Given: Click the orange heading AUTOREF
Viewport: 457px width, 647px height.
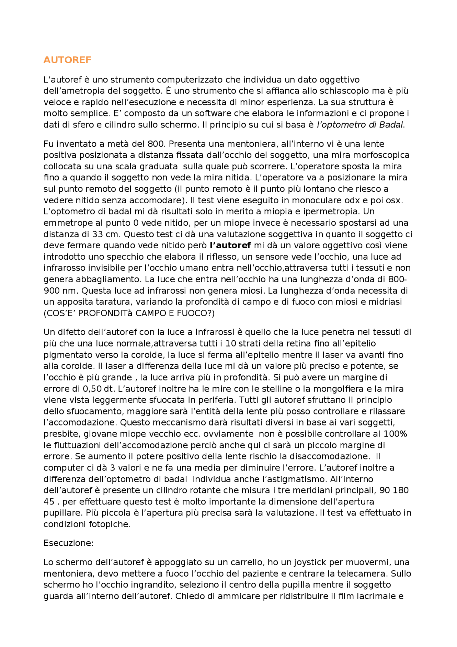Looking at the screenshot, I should (67, 60).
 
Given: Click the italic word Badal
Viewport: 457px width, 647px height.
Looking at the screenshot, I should (391, 125).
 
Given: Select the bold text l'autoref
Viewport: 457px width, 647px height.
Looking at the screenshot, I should (230, 245).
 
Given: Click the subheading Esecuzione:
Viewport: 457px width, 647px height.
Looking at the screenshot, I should (68, 543).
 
